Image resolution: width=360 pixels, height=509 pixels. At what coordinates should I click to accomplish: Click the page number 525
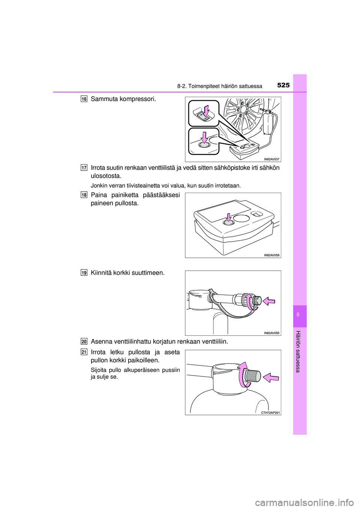(x=283, y=85)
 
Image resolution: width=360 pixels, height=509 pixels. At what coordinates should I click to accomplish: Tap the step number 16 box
(x=84, y=99)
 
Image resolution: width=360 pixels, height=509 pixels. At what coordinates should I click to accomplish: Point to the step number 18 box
(x=84, y=195)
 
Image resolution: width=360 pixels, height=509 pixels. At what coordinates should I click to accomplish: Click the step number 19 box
(x=84, y=272)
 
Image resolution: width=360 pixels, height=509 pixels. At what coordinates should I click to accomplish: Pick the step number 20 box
(x=84, y=341)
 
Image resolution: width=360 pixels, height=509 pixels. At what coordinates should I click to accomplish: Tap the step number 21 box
(x=84, y=352)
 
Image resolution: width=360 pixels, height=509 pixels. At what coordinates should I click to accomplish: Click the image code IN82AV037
(x=271, y=159)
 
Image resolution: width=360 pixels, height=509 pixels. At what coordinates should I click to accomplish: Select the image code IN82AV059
(x=271, y=255)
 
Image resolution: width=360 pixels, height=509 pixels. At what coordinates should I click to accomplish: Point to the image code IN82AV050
(x=271, y=333)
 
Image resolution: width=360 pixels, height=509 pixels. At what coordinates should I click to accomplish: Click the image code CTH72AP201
(x=270, y=412)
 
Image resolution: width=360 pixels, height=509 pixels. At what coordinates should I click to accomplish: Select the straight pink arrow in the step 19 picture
(x=268, y=301)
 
